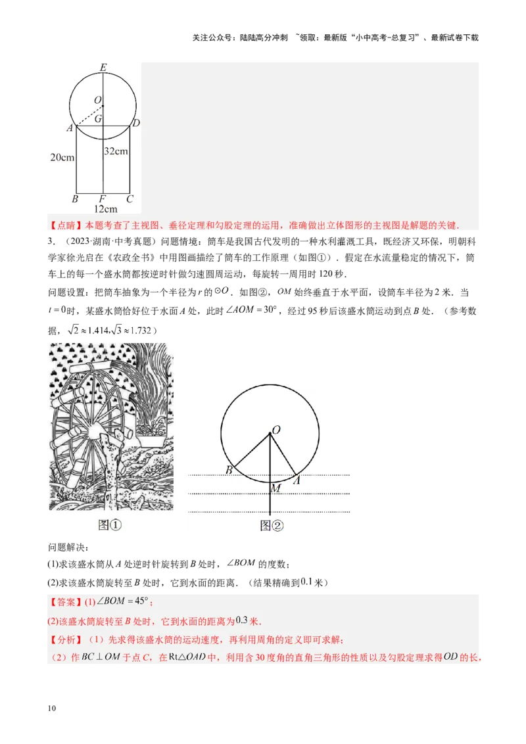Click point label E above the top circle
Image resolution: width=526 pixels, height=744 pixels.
[103, 67]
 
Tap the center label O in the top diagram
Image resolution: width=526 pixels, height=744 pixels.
[97, 100]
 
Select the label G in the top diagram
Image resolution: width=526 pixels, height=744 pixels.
[98, 119]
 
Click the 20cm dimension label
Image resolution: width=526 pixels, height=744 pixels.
[62, 157]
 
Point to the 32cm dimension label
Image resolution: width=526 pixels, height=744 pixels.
[116, 151]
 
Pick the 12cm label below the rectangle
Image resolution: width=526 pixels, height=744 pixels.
[105, 209]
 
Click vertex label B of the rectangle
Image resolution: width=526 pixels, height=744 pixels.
[75, 198]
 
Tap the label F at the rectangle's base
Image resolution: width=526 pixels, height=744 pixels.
[103, 198]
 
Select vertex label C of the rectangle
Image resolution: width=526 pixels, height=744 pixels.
[130, 198]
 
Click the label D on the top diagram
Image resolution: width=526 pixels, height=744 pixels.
[136, 123]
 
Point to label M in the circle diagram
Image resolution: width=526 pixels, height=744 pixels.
[275, 488]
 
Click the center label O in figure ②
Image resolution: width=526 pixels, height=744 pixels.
[276, 429]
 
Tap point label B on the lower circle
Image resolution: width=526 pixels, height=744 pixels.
[229, 470]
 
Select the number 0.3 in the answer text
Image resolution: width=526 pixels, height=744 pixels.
[242, 620]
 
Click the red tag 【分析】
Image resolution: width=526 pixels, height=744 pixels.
[62, 639]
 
